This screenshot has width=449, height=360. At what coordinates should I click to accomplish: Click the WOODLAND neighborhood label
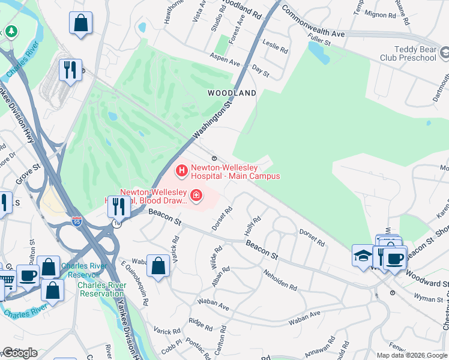(x=232, y=93)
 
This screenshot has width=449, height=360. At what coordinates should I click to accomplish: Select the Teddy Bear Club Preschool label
(x=407, y=53)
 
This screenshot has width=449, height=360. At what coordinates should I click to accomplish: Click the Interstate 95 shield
(x=76, y=221)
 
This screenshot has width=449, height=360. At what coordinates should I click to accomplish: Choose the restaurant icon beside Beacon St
(x=119, y=206)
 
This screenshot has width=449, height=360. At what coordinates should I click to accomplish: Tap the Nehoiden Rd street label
(x=280, y=279)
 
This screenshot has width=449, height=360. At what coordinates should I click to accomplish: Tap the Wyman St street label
(x=427, y=297)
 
